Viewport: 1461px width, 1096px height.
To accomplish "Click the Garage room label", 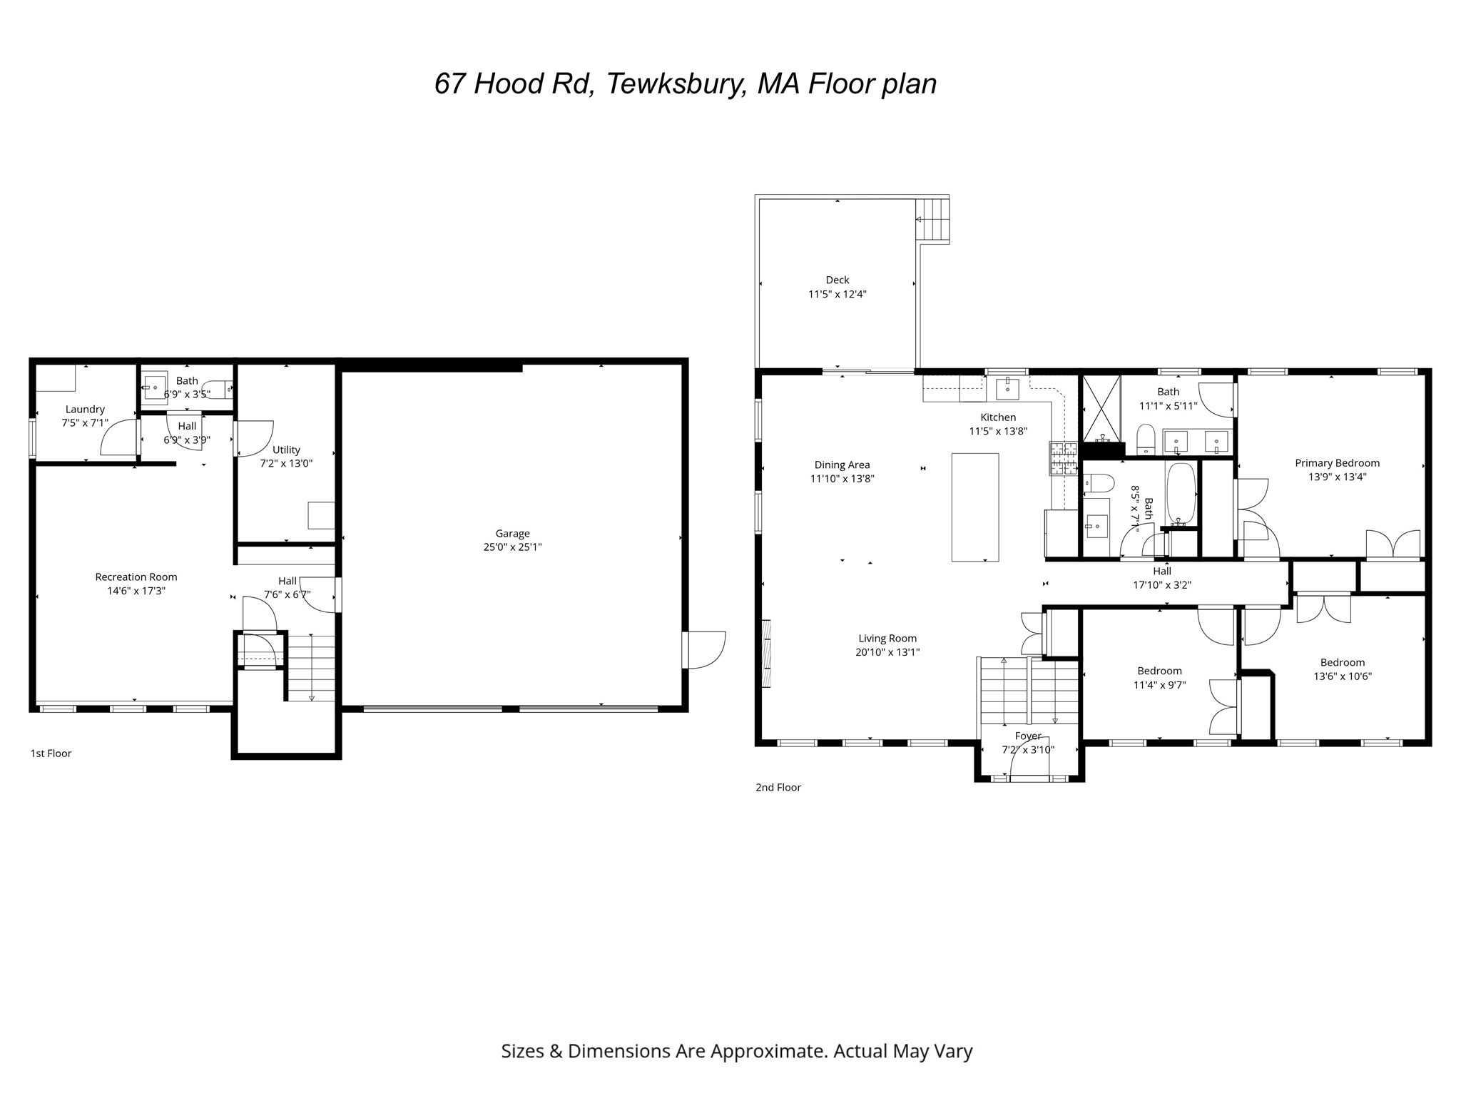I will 512,533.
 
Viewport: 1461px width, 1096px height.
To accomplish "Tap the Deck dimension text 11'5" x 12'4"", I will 837,294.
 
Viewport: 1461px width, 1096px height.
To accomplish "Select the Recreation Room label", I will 136,577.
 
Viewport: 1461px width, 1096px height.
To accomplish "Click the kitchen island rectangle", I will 974,507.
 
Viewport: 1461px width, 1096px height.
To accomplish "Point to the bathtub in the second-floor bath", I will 1181,494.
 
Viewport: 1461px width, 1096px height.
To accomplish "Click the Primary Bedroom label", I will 1337,463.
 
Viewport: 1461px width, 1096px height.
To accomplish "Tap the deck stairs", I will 933,220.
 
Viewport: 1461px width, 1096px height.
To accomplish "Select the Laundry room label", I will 85,409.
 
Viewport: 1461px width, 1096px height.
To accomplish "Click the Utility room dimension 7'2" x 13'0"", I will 286,463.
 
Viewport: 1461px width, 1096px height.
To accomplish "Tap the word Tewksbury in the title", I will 677,83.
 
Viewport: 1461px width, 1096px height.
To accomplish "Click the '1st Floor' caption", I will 51,753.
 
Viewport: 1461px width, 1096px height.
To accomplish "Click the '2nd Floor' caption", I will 778,787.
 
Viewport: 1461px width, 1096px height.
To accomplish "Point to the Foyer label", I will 1028,736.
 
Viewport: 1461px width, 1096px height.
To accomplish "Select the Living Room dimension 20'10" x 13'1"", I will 887,651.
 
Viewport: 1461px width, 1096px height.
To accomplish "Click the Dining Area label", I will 842,465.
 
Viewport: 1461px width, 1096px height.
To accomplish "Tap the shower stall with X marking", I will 1101,408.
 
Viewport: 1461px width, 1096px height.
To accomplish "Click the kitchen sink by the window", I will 1007,389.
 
